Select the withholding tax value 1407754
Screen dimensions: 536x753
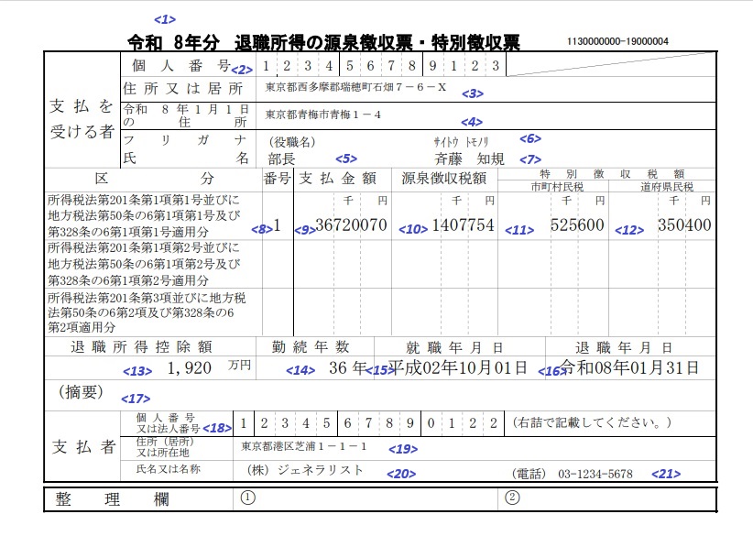pos(463,225)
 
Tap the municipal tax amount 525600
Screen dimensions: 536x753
pos(577,225)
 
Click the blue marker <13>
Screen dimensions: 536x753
pos(138,371)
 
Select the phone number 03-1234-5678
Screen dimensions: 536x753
pos(595,474)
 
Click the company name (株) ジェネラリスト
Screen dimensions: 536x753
pos(305,470)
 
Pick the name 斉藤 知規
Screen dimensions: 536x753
pos(471,159)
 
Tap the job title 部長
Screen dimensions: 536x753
pos(281,159)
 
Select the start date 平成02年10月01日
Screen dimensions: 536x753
pos(458,368)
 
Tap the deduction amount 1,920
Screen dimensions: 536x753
pos(190,368)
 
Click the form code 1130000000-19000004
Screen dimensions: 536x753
pos(617,41)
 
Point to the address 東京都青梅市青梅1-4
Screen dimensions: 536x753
pos(322,115)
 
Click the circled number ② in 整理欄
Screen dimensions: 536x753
pos(512,498)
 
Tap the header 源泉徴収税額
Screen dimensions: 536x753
pos(442,177)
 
